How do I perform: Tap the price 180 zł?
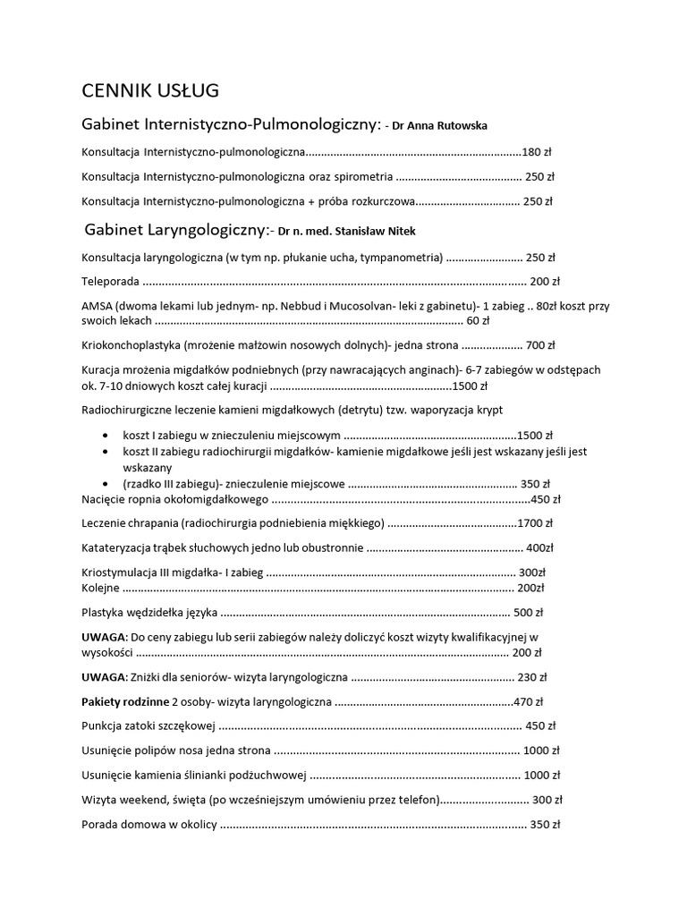tap(538, 151)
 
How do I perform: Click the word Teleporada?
tap(110, 281)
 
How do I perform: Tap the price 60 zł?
tap(478, 320)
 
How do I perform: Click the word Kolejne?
tap(100, 588)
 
